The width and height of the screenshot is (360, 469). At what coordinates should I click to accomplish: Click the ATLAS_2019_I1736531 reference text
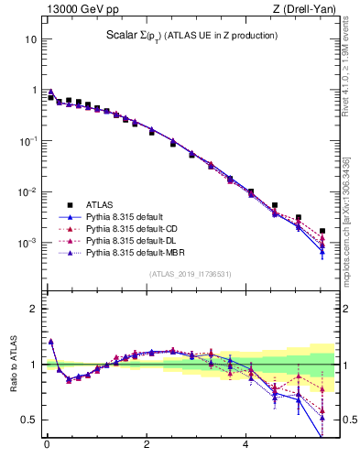(x=191, y=274)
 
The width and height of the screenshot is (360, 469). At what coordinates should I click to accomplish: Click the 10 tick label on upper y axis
(x=30, y=40)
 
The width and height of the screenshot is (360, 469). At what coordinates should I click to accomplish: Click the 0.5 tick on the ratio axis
(x=28, y=420)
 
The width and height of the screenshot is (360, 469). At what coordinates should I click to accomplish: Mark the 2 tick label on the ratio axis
(x=33, y=309)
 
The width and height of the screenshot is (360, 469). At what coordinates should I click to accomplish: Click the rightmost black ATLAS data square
(x=322, y=231)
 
